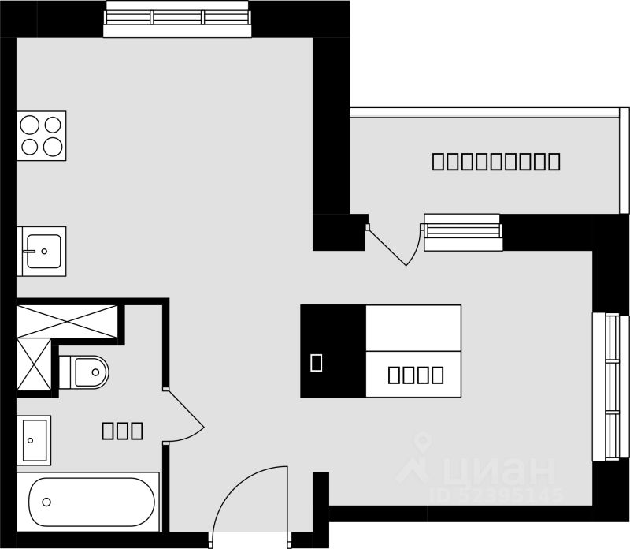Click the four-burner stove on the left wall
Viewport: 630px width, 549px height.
[x=42, y=135]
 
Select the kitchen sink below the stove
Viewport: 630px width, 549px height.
[x=42, y=251]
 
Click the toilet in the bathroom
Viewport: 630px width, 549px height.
[x=85, y=371]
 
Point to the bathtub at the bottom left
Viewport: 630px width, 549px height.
[x=93, y=500]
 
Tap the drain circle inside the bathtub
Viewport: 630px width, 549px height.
[x=46, y=502]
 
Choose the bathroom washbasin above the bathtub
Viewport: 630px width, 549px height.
[x=34, y=439]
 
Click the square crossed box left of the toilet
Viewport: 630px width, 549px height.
[x=33, y=365]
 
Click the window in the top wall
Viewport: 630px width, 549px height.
[x=178, y=19]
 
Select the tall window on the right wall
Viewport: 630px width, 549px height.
[x=610, y=387]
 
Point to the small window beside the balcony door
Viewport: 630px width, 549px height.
[x=463, y=232]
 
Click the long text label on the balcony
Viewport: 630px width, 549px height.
[x=496, y=162]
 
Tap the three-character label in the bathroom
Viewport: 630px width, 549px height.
[x=122, y=431]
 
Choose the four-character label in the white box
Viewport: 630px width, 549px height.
[x=416, y=375]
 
